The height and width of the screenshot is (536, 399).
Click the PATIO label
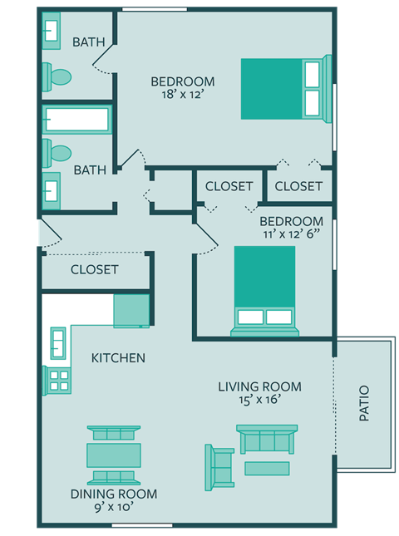pyautogui.click(x=364, y=403)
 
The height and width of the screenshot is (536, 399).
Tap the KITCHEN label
pyautogui.click(x=118, y=358)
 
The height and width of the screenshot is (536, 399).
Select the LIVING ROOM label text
pyautogui.click(x=259, y=386)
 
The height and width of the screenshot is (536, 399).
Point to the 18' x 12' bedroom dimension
pyautogui.click(x=182, y=96)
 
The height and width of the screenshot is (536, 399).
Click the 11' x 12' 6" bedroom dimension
pyautogui.click(x=291, y=235)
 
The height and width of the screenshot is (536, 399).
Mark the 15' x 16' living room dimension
pyautogui.click(x=259, y=401)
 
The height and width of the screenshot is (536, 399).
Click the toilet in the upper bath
pyautogui.click(x=58, y=77)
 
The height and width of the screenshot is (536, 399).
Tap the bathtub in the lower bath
pyautogui.click(x=76, y=120)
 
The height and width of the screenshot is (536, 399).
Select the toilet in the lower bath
pyautogui.click(x=58, y=152)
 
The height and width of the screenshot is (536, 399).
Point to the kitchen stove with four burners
pyautogui.click(x=60, y=380)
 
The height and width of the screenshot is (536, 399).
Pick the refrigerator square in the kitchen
pyautogui.click(x=131, y=311)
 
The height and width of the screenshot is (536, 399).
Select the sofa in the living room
pyautogui.click(x=267, y=440)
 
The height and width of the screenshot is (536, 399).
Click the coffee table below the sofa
pyautogui.click(x=267, y=469)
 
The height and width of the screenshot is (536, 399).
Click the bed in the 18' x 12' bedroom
pyautogui.click(x=283, y=88)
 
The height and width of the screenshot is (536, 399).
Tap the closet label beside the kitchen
pyautogui.click(x=94, y=270)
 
